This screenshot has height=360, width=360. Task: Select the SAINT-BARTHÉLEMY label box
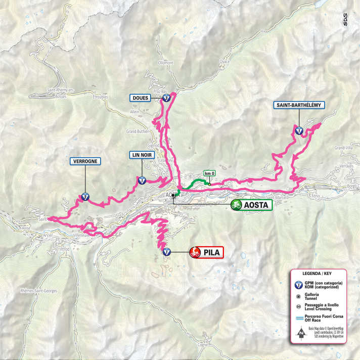click(298, 105)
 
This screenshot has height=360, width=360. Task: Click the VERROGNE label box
click(85, 161)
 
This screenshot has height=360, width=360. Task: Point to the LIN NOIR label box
click(142, 155)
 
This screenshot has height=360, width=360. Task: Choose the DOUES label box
click(140, 98)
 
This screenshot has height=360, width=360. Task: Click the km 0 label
click(209, 173)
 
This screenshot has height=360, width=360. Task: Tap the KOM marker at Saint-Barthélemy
click(299, 130)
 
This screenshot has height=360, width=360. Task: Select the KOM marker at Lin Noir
click(142, 179)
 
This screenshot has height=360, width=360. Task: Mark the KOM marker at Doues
click(166, 99)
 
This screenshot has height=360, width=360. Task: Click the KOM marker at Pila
click(166, 252)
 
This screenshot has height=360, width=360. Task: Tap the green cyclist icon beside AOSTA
click(236, 205)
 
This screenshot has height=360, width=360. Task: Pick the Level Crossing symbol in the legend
click(299, 307)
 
